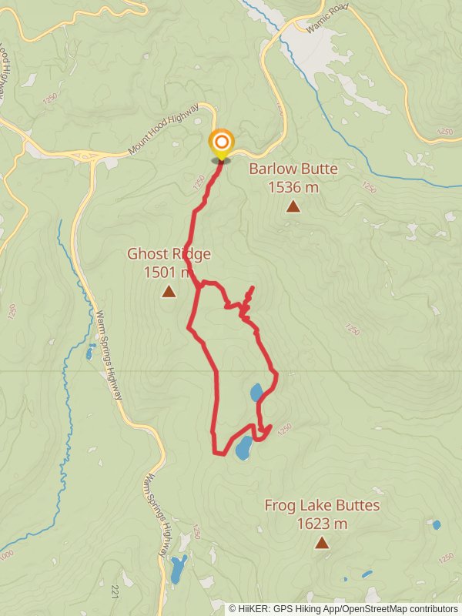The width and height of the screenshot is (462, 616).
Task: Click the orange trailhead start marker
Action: [x=221, y=142]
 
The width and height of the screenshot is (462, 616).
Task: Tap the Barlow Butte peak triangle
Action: [x=293, y=206]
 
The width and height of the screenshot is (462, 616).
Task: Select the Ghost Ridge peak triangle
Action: [x=169, y=291]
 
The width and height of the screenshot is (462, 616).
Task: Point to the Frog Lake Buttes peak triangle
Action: [x=321, y=543]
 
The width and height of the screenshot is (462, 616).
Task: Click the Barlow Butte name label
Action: [x=293, y=169]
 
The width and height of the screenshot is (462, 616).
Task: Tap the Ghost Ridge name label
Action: [x=169, y=254]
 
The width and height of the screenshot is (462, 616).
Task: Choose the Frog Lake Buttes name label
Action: [x=322, y=506]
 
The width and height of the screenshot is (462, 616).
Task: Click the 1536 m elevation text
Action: [x=293, y=186]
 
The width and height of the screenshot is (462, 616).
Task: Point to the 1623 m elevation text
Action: [x=322, y=524]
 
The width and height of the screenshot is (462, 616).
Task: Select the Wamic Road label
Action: [x=327, y=18]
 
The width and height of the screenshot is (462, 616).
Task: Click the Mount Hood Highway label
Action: [x=164, y=129]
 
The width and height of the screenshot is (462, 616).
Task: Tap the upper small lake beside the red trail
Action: [x=256, y=393]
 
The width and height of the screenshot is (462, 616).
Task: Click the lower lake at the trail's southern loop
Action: [x=243, y=447]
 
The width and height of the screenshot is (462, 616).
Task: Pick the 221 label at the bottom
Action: [x=115, y=591]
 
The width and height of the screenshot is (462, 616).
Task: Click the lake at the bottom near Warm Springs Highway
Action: [x=179, y=569]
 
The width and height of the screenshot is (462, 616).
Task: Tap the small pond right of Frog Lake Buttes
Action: [x=437, y=524]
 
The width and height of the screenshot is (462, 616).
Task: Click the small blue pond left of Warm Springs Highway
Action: [x=91, y=353]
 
